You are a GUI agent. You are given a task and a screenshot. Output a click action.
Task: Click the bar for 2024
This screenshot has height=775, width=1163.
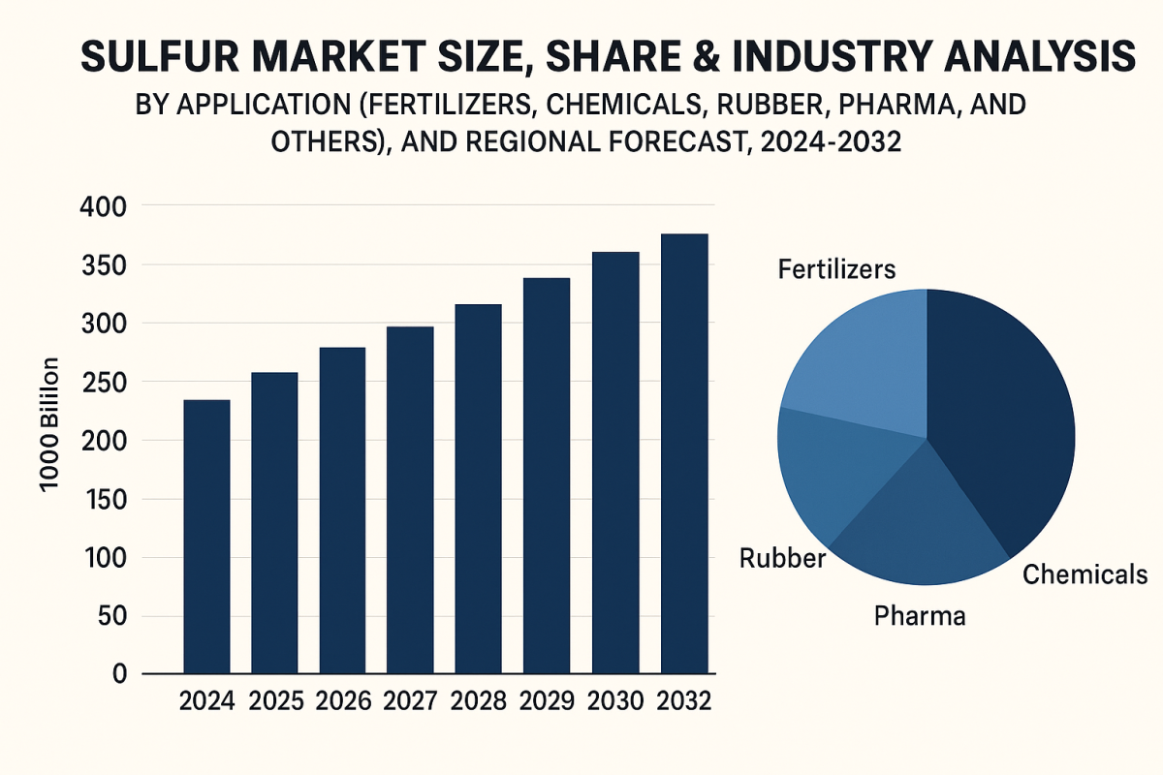tap(206, 537)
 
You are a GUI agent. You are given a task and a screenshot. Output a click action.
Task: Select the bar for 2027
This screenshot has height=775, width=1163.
tap(410, 500)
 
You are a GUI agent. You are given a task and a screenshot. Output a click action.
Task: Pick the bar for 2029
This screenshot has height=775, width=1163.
tap(547, 476)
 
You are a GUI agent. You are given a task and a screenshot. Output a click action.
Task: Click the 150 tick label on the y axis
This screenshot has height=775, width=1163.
tap(99, 500)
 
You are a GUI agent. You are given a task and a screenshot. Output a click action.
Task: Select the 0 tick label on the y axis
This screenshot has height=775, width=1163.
tap(119, 675)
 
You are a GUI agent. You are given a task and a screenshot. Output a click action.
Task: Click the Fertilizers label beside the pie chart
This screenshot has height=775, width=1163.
tap(837, 269)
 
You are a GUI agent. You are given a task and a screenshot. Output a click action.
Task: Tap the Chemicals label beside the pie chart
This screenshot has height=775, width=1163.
tap(1085, 574)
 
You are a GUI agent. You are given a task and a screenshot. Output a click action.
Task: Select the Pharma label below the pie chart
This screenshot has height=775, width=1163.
tap(920, 615)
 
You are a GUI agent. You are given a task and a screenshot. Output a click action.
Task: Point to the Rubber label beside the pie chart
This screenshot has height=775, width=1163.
tap(782, 559)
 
